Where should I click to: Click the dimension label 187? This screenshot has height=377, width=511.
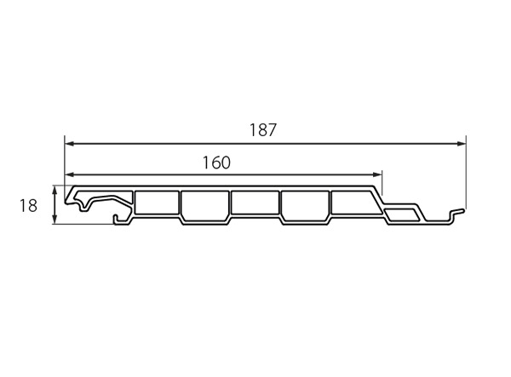pyautogui.click(x=263, y=129)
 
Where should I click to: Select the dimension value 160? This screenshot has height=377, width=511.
pyautogui.click(x=216, y=163)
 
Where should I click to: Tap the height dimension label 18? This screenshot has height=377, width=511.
pyautogui.click(x=28, y=205)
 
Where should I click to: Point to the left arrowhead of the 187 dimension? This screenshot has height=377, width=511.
pyautogui.click(x=70, y=144)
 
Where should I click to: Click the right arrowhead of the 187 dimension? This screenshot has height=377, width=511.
pyautogui.click(x=461, y=144)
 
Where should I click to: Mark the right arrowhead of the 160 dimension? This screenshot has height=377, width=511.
pyautogui.click(x=377, y=174)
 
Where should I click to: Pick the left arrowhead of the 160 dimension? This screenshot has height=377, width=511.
pyautogui.click(x=70, y=174)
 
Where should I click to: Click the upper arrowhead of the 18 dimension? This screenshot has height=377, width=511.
pyautogui.click(x=55, y=191)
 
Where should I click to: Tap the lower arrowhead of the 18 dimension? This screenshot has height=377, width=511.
pyautogui.click(x=55, y=219)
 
